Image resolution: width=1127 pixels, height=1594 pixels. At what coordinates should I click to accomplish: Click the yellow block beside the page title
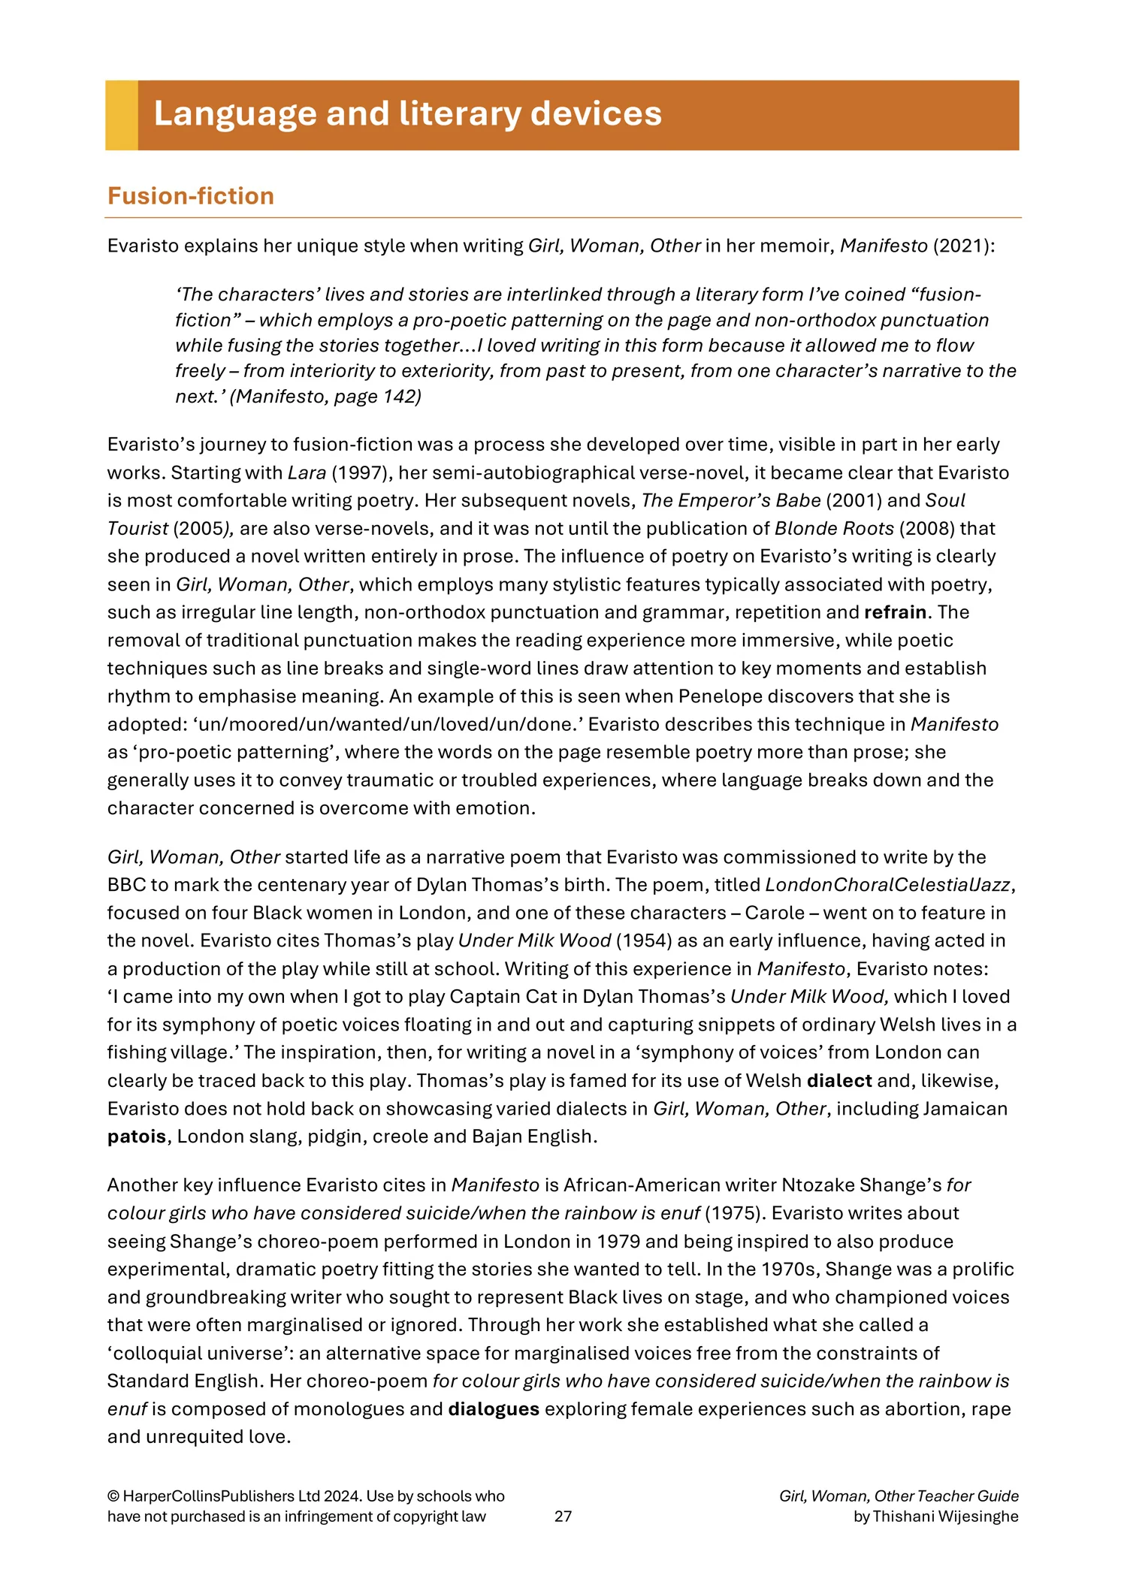pyautogui.click(x=121, y=115)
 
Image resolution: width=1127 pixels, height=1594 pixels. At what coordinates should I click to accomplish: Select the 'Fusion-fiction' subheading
pyautogui.click(x=191, y=196)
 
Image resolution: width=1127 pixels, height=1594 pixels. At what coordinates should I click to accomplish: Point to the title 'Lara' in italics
pyautogui.click(x=307, y=473)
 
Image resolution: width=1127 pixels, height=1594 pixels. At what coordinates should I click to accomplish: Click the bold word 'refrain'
pyautogui.click(x=895, y=612)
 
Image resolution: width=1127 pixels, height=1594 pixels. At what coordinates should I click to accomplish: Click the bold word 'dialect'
pyautogui.click(x=839, y=1081)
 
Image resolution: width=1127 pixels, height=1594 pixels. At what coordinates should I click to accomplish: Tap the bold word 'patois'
pyautogui.click(x=137, y=1137)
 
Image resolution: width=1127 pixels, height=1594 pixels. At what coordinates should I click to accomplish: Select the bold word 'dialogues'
pyautogui.click(x=494, y=1409)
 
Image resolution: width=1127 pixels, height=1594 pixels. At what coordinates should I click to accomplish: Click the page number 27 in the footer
pyautogui.click(x=563, y=1517)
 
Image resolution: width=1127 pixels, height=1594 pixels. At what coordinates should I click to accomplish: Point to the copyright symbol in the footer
pyautogui.click(x=113, y=1496)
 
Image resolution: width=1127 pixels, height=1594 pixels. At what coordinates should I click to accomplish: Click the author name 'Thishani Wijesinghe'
pyautogui.click(x=945, y=1517)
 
